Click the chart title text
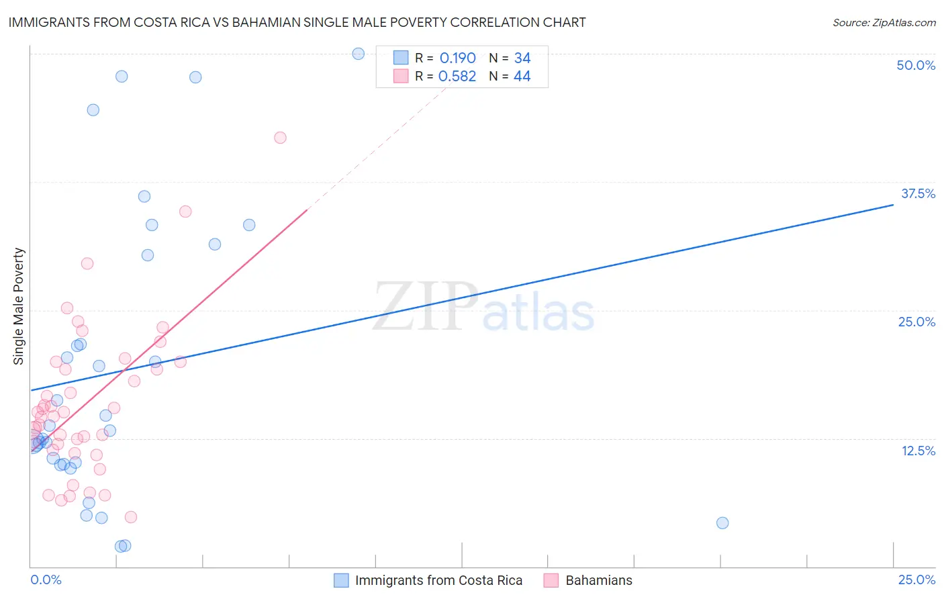pyautogui.click(x=297, y=22)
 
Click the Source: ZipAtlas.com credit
pyautogui.click(x=884, y=22)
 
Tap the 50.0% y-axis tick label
pyautogui.click(x=916, y=65)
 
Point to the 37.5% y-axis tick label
pyautogui.click(x=918, y=193)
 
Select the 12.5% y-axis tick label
pyautogui.click(x=918, y=451)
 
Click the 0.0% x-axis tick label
pyautogui.click(x=46, y=580)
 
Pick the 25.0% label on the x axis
pyautogui.click(x=916, y=580)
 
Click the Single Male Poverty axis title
pyautogui.click(x=19, y=306)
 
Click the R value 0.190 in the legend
pyautogui.click(x=457, y=58)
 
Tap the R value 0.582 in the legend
pyautogui.click(x=457, y=77)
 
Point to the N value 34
pyautogui.click(x=522, y=58)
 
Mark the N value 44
pyautogui.click(x=522, y=77)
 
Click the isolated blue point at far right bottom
pyautogui.click(x=722, y=523)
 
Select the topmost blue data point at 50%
pyautogui.click(x=359, y=54)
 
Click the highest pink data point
pyautogui.click(x=280, y=138)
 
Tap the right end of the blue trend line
pyautogui.click(x=893, y=204)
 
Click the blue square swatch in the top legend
pyautogui.click(x=401, y=58)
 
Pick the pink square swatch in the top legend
pyautogui.click(x=401, y=76)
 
